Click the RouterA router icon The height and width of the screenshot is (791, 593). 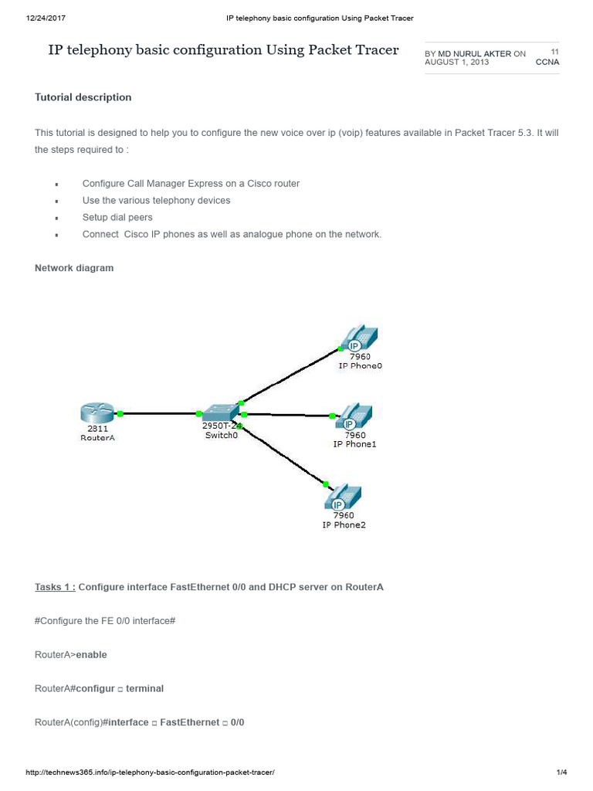tap(97, 413)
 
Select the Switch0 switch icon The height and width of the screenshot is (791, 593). tap(220, 412)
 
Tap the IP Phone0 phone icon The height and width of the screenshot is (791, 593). tap(359, 338)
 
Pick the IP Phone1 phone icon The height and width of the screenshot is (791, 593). tap(354, 417)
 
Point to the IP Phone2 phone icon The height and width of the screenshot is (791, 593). tap(343, 497)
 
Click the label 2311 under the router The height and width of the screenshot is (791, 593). tap(97, 428)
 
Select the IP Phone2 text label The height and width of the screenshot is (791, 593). tap(344, 525)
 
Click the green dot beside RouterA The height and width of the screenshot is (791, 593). tap(120, 414)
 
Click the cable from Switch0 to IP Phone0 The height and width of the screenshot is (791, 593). tap(290, 375)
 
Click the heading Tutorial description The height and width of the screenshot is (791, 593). tap(83, 97)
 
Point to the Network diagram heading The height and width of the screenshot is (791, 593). tap(74, 268)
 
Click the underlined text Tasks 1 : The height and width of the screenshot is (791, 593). tap(55, 587)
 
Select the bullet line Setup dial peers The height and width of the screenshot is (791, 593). tap(117, 218)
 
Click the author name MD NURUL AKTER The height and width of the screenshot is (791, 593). tap(474, 54)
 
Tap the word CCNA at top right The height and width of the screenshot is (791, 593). tap(547, 62)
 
